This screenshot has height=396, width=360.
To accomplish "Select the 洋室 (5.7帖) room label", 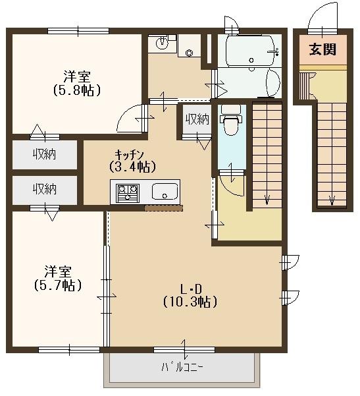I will (x=58, y=278).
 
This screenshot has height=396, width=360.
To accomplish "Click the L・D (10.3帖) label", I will (x=190, y=295).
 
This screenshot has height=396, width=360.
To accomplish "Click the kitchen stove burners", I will (x=128, y=192).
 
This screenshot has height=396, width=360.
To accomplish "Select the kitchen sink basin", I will (x=165, y=192).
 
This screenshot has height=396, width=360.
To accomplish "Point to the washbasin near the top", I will (x=162, y=44).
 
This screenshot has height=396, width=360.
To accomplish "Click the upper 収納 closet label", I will (x=45, y=155).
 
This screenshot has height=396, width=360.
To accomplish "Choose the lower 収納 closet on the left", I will (x=45, y=189).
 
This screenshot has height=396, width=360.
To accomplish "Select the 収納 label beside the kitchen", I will (x=197, y=119).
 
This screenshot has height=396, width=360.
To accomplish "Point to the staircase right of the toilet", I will (x=267, y=155).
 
